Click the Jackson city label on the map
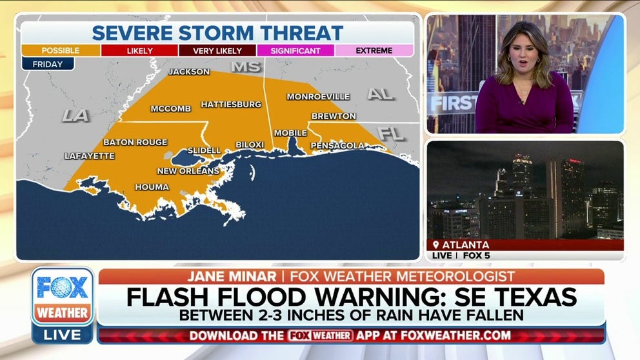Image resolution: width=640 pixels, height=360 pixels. pos(189,72)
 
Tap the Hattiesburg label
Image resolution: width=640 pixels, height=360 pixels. pos(230,104)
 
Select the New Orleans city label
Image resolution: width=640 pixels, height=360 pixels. pos(188,171)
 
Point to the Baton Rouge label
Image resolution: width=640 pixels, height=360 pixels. pos(135,142)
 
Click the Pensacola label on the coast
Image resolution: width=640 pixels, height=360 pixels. pos(337,146)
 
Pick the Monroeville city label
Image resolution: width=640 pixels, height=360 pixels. pos(318,97)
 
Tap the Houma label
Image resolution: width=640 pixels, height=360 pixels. pos(152,187)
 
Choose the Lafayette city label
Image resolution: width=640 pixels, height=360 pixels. pos(89,156)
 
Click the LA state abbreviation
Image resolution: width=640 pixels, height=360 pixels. pos(76,115)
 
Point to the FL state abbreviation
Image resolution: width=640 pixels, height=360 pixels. pos(391,134)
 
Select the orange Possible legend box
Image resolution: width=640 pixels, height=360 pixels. pos(60,50)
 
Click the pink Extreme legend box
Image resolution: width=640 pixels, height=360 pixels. pos(374,50)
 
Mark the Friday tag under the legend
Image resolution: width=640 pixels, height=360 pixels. pos(47,63)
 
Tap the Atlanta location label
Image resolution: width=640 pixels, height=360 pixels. pos(465,245)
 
